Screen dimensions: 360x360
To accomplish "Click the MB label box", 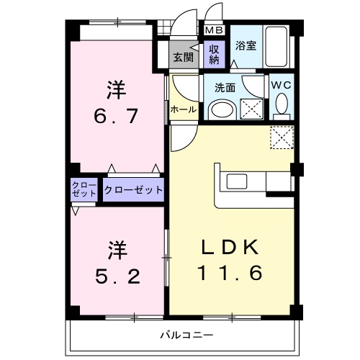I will [214, 30].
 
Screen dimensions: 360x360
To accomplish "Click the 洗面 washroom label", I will [225, 88].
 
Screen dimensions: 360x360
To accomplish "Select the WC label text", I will [281, 84].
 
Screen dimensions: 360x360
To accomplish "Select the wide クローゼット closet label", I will [133, 190].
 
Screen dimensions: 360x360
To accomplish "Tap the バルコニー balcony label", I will [184, 335].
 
